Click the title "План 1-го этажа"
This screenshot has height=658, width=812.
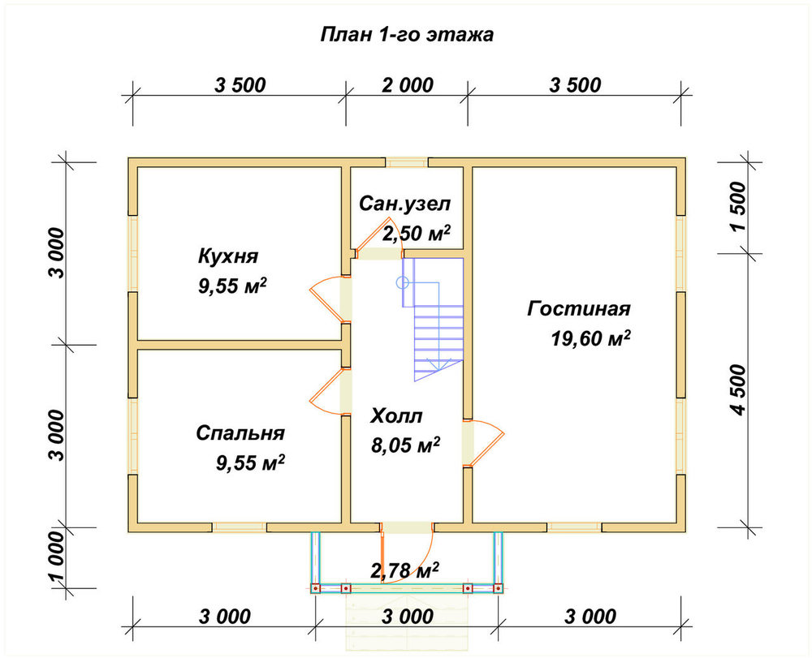click(x=407, y=35)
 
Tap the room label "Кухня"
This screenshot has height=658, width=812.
click(x=228, y=256)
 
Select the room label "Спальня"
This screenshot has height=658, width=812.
click(x=240, y=433)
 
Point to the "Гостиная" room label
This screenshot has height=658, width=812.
click(x=579, y=309)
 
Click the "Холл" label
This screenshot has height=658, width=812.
click(x=397, y=416)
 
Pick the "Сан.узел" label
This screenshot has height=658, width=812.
click(x=405, y=204)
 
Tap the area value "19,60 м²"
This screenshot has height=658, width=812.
click(x=590, y=338)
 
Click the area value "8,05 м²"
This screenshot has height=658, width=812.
click(x=405, y=445)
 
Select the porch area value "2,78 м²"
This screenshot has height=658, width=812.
click(x=405, y=570)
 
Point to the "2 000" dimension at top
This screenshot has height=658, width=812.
click(x=408, y=85)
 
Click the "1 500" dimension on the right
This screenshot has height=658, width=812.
click(x=738, y=207)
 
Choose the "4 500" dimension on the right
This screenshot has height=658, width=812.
click(x=738, y=390)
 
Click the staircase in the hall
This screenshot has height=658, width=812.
click(x=433, y=319)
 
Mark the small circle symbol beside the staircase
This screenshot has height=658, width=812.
click(x=403, y=282)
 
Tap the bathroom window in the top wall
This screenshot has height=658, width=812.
click(x=407, y=162)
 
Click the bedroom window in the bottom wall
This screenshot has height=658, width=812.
click(x=240, y=527)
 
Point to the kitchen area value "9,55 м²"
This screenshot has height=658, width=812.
click(x=232, y=286)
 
